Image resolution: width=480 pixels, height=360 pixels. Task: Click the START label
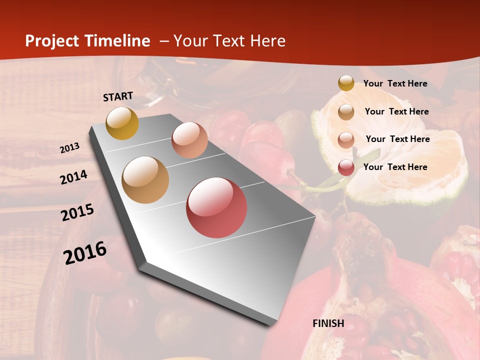(118, 96)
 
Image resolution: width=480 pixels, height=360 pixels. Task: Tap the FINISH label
(328, 323)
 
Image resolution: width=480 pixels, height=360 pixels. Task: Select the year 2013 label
(70, 148)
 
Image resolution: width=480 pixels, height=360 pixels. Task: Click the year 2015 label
(77, 212)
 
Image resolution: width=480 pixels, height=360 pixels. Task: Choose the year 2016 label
(85, 252)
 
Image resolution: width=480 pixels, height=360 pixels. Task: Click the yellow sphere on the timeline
(122, 123)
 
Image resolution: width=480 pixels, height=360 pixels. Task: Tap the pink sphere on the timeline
(189, 140)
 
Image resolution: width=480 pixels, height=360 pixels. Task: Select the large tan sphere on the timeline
(145, 180)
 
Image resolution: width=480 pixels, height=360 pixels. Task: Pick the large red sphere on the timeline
(216, 207)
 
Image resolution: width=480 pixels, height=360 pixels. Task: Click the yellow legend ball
(346, 83)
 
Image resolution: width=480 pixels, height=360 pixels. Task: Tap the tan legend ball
(346, 111)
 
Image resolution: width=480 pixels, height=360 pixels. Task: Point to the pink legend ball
(346, 139)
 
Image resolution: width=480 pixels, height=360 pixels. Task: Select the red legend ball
(346, 167)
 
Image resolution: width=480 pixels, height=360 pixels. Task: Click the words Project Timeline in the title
(87, 41)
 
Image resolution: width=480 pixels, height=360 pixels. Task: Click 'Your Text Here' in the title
(229, 41)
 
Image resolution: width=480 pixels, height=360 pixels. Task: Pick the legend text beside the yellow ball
(395, 83)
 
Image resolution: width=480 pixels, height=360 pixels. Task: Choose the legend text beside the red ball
(395, 167)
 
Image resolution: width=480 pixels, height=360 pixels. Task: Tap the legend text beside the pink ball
(398, 139)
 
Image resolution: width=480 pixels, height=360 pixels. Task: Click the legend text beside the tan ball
(397, 111)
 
